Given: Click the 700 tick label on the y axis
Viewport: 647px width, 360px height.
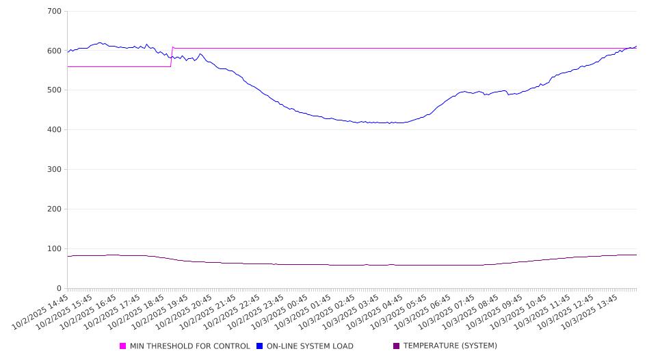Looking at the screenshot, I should [55, 12].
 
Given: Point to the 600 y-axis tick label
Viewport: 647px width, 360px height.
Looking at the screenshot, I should [55, 51].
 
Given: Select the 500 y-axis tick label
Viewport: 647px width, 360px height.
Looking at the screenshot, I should [55, 90].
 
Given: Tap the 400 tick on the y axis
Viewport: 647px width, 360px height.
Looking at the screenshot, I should [55, 130].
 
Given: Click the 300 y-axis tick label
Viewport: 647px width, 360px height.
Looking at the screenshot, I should [55, 170].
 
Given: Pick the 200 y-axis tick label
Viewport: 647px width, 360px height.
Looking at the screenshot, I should [55, 209].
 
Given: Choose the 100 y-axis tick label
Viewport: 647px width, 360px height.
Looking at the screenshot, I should [55, 249].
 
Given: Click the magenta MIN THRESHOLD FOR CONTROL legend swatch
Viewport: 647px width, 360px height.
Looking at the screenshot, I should [123, 346].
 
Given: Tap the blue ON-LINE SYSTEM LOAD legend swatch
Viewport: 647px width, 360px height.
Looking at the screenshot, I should [260, 346].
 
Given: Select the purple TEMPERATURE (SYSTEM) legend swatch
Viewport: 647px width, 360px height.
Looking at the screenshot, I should [397, 346].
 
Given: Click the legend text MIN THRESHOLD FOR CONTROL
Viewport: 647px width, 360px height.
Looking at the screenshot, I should [189, 346].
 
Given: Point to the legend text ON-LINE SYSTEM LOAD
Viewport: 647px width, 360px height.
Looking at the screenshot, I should [310, 346].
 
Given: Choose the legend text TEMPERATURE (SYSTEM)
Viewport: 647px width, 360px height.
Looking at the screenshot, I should [450, 346].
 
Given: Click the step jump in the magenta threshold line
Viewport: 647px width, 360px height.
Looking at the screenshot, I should [172, 57].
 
